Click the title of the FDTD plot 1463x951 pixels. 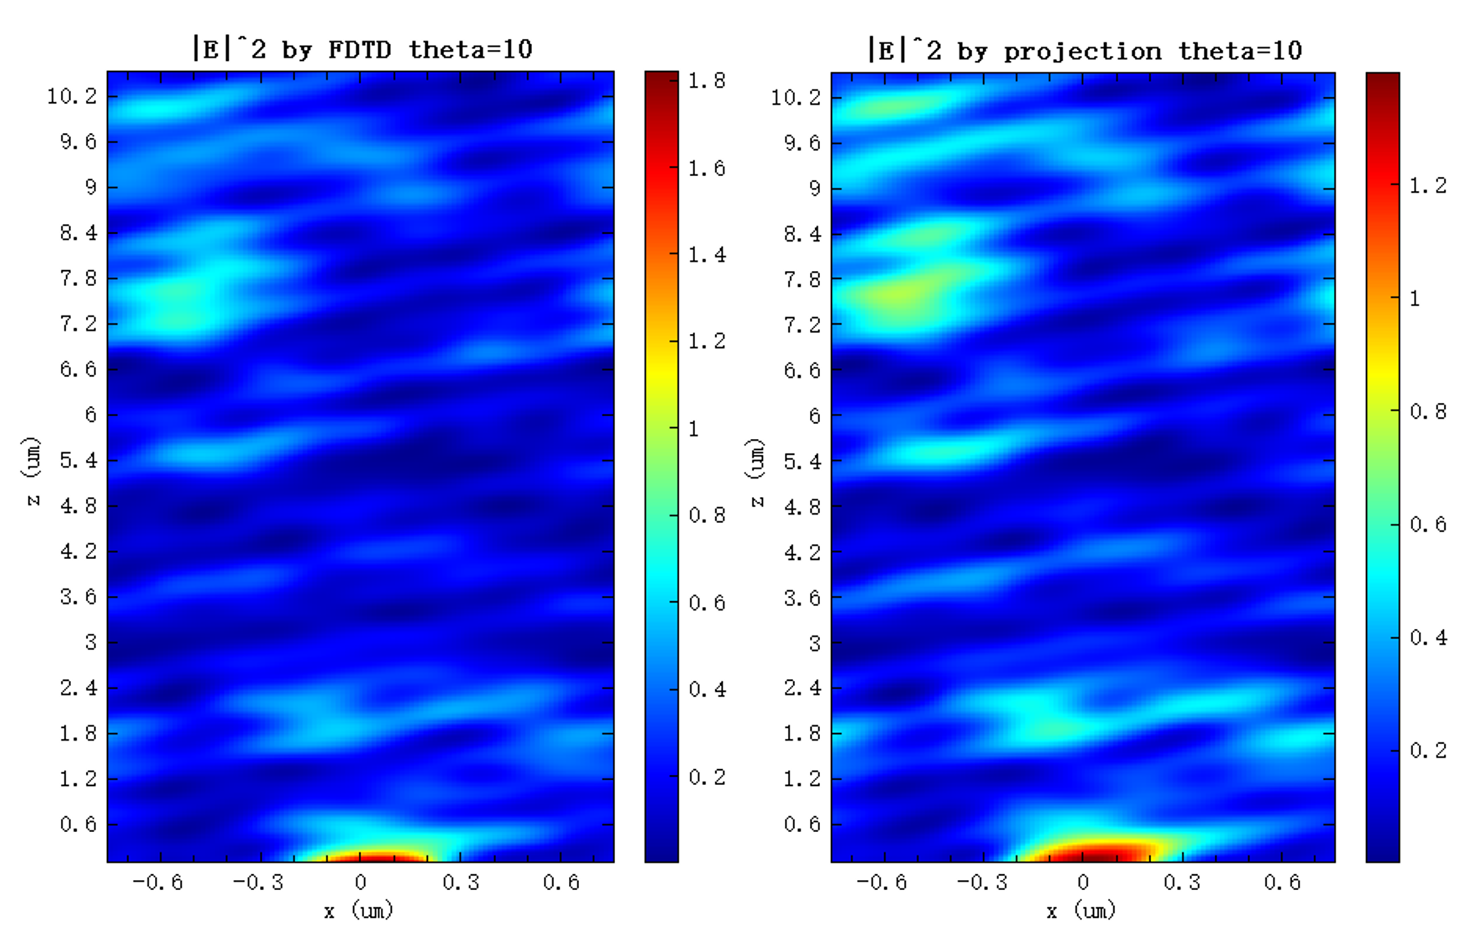point(363,50)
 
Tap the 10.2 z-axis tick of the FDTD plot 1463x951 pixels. point(72,96)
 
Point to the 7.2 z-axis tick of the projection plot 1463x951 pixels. point(802,325)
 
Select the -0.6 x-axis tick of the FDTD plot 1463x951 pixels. point(158,883)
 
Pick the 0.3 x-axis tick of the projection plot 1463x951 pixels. point(1181,883)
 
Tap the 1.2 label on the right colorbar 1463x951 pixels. point(1427,186)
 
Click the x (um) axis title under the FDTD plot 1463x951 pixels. point(358,910)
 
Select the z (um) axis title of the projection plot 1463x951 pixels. point(757,472)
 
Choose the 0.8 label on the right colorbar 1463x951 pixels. point(1427,411)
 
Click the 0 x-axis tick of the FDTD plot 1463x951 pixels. point(361,883)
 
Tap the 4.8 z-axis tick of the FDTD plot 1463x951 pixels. point(79,506)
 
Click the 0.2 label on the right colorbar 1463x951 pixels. point(1427,751)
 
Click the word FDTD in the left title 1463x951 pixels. point(360,50)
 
